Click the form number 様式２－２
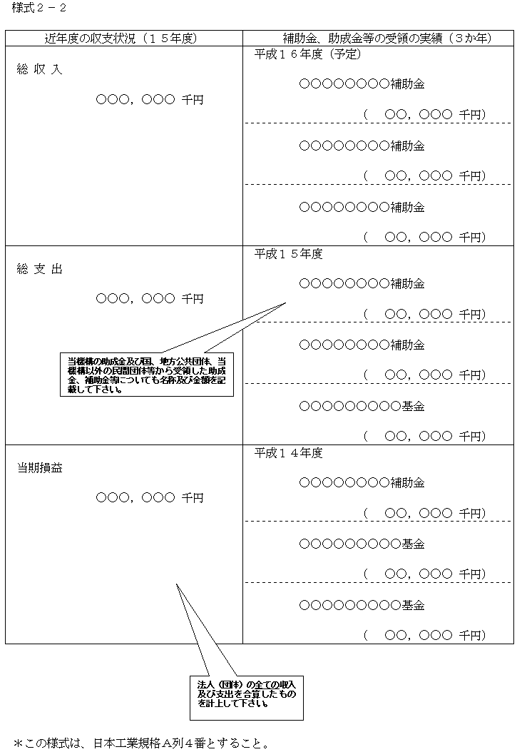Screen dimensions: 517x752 pos(39,8)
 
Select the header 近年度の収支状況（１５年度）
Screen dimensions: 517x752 pos(121,39)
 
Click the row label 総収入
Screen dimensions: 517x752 pos(39,69)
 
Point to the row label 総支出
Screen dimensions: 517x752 pos(39,269)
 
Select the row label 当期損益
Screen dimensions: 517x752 pos(40,468)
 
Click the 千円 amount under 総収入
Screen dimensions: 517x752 pos(150,100)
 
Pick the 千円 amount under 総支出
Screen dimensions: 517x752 pos(150,299)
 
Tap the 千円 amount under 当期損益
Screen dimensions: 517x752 pos(150,498)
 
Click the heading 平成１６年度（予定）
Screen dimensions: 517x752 pos(307,54)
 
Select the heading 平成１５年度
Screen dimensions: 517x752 pos(288,254)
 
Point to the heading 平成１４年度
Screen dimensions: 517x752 pos(288,453)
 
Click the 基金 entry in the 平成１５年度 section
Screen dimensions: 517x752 pos(362,406)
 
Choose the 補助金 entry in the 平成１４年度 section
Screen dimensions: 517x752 pos(362,482)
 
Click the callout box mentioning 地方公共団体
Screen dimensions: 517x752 pos(147,375)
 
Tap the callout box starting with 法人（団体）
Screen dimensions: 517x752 pos(247,698)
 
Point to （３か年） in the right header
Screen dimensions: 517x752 pos(471,39)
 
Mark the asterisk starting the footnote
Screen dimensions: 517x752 pos(19,743)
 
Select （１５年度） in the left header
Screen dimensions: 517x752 pos(168,39)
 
